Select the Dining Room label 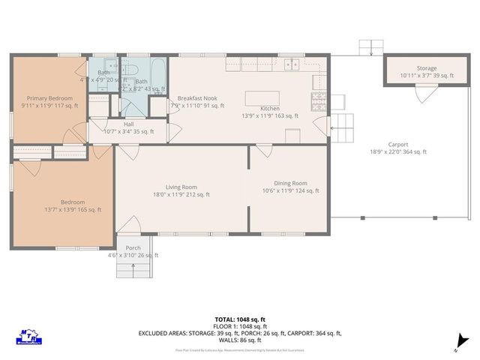289,183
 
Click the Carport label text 397,144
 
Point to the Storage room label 427,68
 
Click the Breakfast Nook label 197,98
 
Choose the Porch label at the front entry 133,248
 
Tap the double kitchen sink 292,64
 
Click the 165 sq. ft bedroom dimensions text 62,210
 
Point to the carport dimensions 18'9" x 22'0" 397,152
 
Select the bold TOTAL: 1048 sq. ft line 240,319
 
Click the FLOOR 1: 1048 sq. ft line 240,326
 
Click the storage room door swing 426,94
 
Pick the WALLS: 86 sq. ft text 240,340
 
